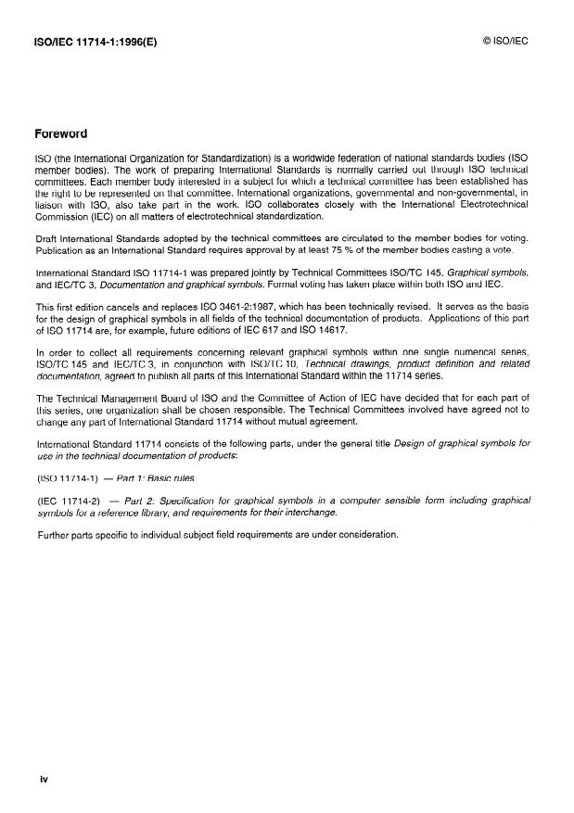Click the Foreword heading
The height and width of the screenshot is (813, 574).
tap(60, 133)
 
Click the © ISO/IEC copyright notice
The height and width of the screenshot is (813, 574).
tap(505, 42)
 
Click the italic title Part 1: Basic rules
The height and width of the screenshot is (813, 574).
tap(156, 478)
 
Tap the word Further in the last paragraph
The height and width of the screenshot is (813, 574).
tap(55, 534)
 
